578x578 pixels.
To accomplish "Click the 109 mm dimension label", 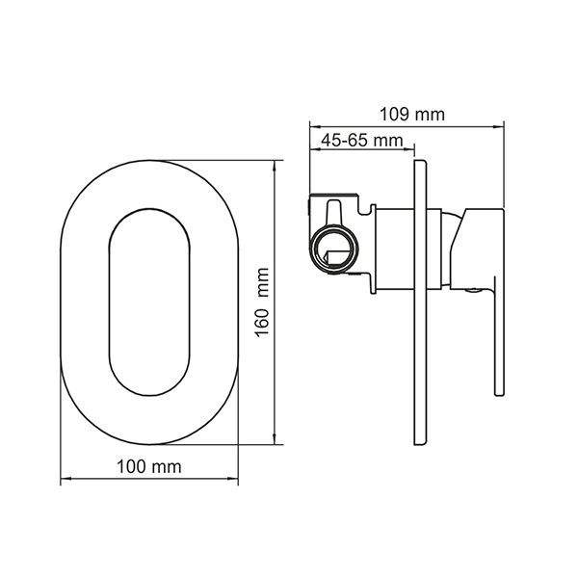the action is [x=412, y=115].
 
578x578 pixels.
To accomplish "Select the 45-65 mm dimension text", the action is [x=362, y=141].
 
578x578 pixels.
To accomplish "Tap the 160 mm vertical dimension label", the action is [x=262, y=302].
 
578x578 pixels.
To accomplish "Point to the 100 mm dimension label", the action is [x=149, y=466].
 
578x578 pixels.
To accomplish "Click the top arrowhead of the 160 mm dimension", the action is [x=275, y=165].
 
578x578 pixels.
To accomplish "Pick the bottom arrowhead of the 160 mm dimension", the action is [x=275, y=440].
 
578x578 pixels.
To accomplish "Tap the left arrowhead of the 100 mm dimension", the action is [x=66, y=479].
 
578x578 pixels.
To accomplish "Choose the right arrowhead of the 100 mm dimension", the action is [x=233, y=479].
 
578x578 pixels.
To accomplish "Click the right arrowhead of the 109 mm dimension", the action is [x=499, y=127].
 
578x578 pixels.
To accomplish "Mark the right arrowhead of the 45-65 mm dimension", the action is [x=409, y=149].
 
